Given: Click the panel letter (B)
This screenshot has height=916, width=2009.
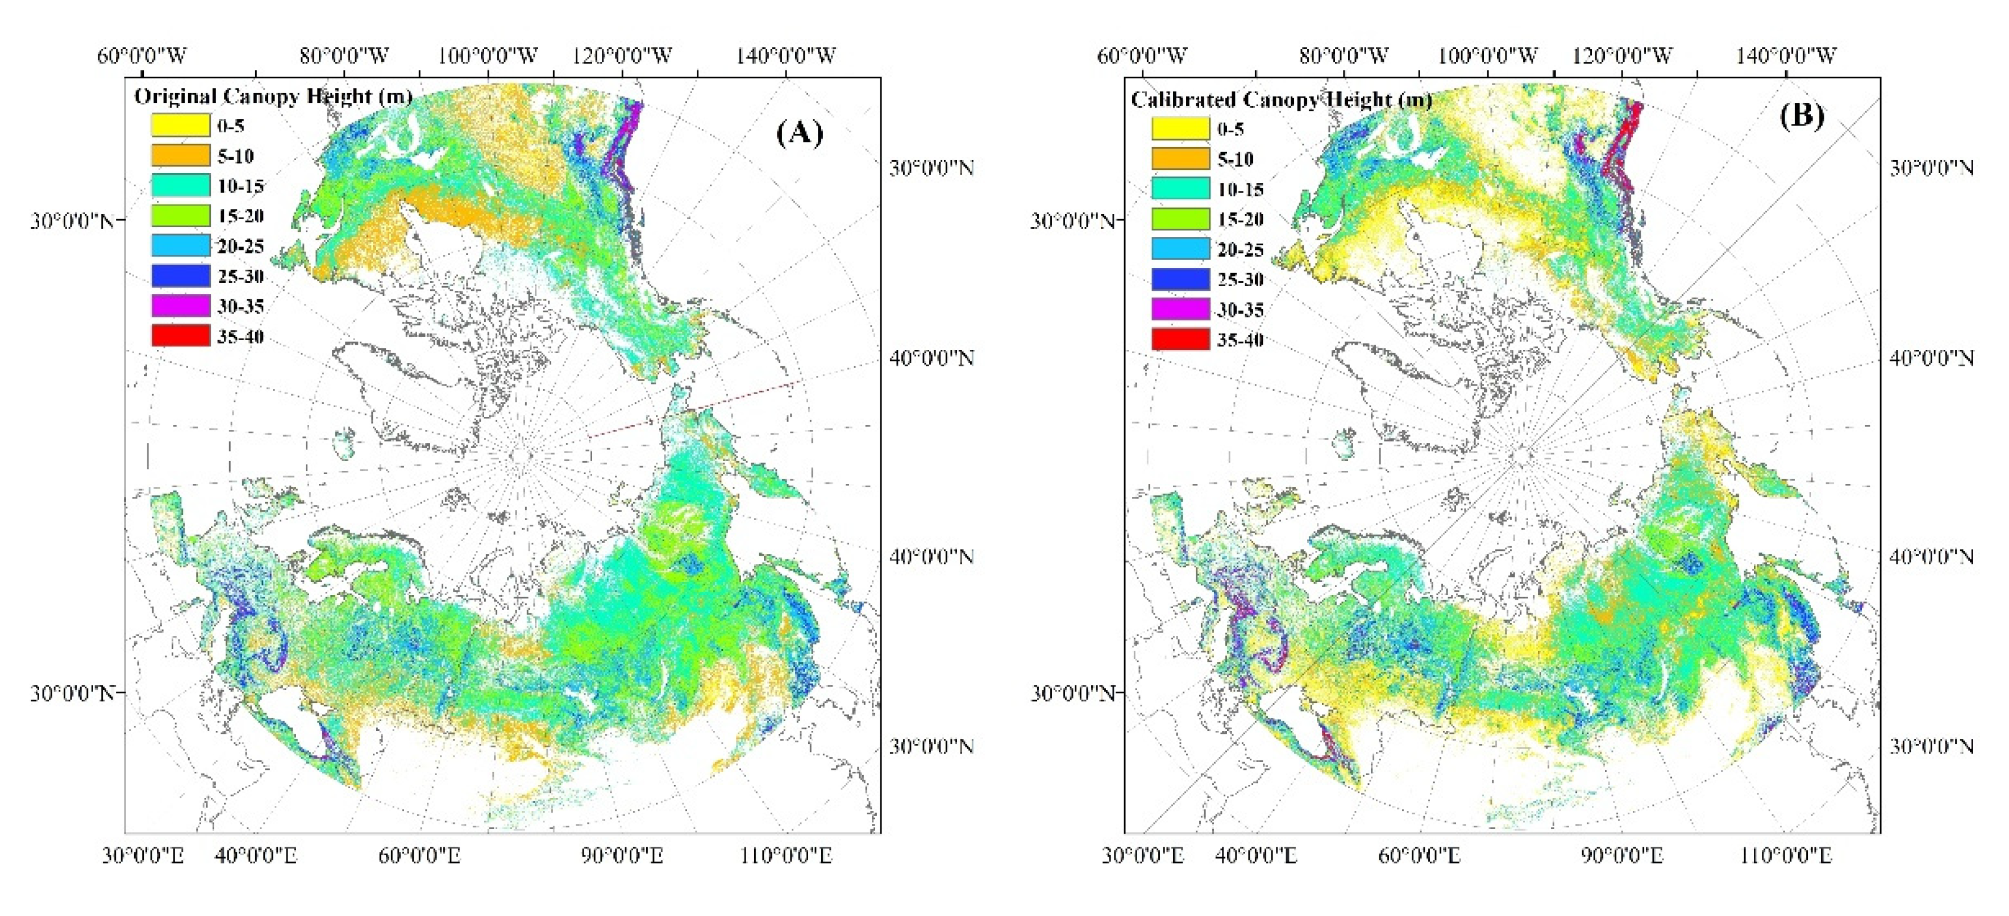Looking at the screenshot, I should pos(1802,116).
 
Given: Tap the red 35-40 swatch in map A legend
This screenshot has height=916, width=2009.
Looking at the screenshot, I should pos(180,336).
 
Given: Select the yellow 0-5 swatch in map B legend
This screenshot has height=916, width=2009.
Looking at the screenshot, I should pos(1180,129).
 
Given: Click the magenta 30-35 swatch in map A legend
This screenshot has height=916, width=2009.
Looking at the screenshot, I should pos(180,306).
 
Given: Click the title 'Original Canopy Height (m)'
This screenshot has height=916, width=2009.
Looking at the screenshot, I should pos(273,97).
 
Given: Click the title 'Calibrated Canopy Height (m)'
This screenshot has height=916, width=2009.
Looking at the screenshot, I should pos(1280,100).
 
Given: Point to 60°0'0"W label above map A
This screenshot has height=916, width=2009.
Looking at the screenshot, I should pos(142,55).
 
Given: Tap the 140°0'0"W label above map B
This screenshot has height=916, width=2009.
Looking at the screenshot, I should pos(1786,55).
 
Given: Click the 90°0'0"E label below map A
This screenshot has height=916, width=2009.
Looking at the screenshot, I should pos(622,856).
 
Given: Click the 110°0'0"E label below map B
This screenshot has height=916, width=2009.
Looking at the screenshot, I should pos(1786,856).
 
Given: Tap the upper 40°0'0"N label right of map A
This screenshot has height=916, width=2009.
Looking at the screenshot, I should pos(932,358).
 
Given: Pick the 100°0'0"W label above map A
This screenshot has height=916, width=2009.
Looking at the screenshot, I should pos(488,55).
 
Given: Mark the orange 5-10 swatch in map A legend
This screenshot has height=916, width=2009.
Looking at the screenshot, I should pos(180,155).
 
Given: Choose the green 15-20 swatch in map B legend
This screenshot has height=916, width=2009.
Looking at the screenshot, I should pos(1180,219).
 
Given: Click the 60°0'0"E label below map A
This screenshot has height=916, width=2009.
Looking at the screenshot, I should pos(419,856).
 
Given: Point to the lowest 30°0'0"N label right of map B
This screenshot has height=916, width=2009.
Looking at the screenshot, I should pos(1932,747).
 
